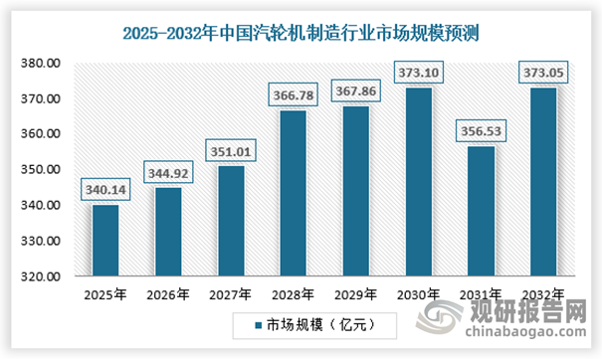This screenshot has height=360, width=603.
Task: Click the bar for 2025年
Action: pyautogui.click(x=104, y=241)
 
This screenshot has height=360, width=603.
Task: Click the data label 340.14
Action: pyautogui.click(x=104, y=189)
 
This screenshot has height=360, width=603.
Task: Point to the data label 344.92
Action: pyautogui.click(x=166, y=172)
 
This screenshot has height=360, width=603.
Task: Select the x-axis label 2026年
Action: pyautogui.click(x=166, y=294)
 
